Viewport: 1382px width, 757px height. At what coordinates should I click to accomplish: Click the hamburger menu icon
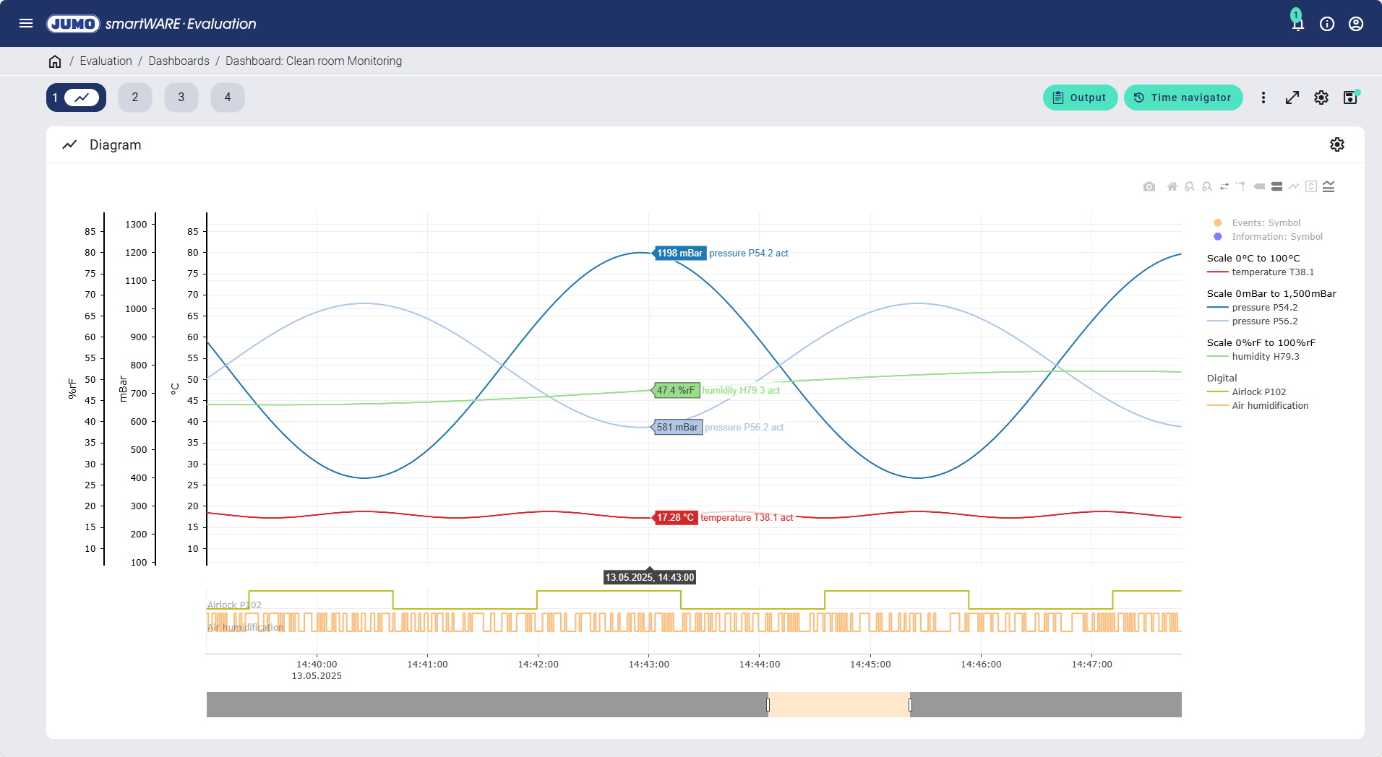(26, 23)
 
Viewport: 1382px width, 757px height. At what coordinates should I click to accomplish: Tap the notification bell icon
(1297, 24)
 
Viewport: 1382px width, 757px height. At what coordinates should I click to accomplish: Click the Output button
(1080, 98)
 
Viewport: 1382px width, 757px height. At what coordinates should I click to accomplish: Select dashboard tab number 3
(181, 98)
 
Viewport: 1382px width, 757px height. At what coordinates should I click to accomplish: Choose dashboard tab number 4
(228, 98)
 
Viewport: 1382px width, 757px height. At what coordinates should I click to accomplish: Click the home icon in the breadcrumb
(55, 61)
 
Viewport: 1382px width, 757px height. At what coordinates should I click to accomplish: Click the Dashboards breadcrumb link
(179, 61)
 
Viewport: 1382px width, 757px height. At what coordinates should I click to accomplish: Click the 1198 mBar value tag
(679, 254)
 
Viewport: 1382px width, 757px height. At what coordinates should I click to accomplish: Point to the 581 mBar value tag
(677, 428)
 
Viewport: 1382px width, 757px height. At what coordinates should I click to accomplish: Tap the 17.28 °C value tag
(675, 518)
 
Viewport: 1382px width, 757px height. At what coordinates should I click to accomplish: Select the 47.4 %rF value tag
(676, 391)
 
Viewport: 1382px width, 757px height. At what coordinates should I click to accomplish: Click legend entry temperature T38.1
(1272, 272)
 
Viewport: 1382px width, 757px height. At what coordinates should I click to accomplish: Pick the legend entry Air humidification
(1269, 406)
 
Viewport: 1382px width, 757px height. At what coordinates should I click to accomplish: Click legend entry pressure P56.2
(1264, 321)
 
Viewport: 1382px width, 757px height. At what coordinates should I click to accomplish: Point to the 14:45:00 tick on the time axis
(870, 665)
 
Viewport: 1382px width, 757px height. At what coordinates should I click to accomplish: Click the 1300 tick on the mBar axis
(136, 225)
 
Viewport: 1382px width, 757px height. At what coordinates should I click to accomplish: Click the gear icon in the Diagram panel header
(1337, 145)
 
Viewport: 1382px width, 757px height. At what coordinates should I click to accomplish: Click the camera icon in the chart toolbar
(1149, 187)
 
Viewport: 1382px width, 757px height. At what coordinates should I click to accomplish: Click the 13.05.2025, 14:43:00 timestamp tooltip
(650, 578)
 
